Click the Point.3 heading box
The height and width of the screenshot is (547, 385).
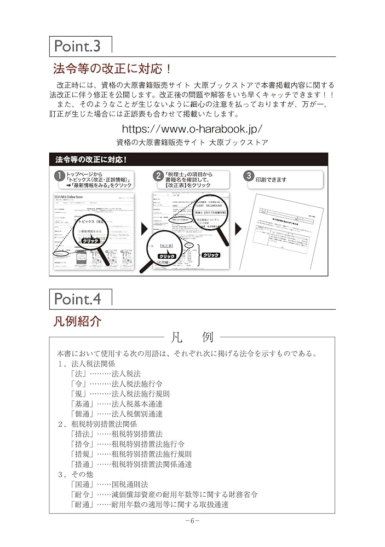tap(80, 46)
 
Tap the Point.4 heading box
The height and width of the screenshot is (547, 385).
tap(80, 299)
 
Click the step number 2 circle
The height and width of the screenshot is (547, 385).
tap(158, 177)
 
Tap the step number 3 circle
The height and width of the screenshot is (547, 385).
tap(248, 176)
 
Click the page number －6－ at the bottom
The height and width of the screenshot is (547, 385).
tap(192, 521)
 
